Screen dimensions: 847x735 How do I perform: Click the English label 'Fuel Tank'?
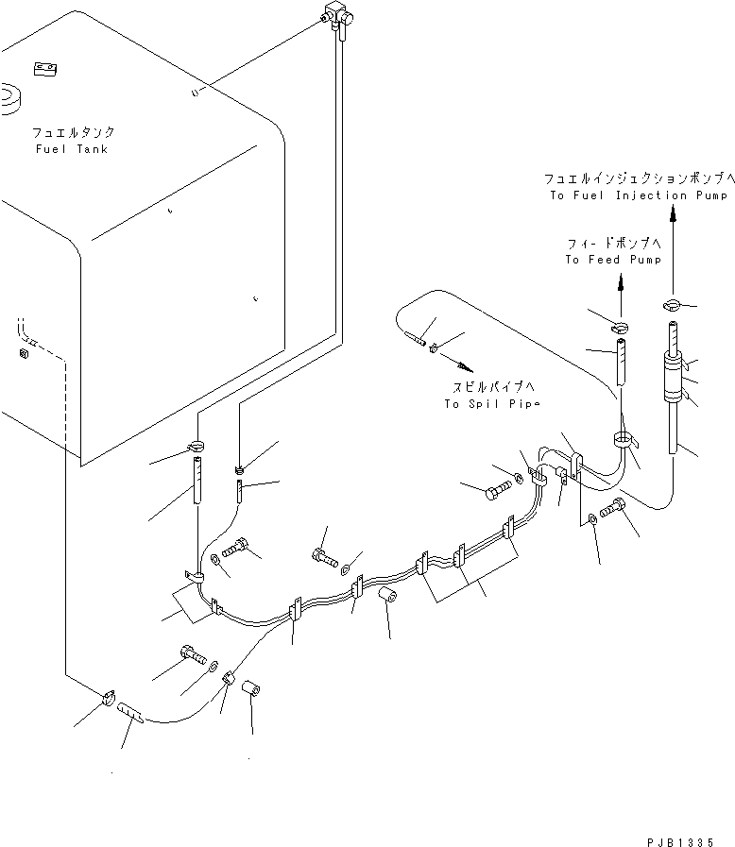pos(72,149)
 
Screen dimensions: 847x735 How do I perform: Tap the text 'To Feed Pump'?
pos(613,260)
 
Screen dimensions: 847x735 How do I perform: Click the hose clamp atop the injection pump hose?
pos(672,304)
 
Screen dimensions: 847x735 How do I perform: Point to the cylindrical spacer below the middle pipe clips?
pos(385,601)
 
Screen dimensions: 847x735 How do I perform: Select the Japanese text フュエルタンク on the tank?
pos(72,133)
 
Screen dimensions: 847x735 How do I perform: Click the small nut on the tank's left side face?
pos(22,354)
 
